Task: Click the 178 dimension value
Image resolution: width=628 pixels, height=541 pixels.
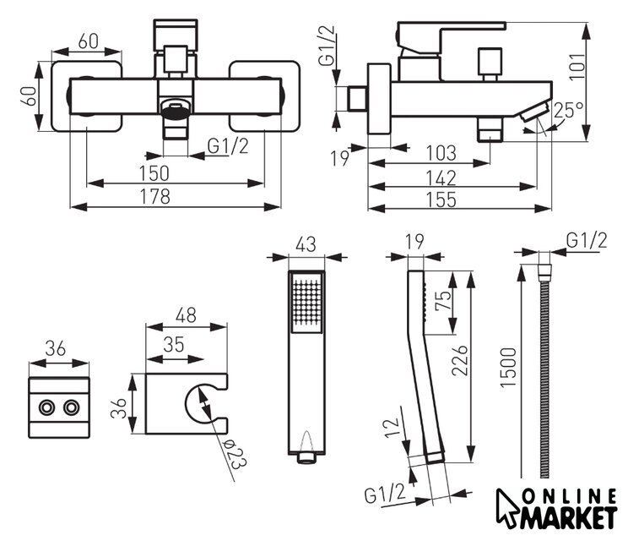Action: pos(155,196)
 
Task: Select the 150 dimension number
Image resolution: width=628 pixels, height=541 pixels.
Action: pos(154,173)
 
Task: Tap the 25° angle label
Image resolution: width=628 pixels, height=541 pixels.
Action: pos(569,110)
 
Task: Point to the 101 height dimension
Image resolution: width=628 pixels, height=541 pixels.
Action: pos(578,67)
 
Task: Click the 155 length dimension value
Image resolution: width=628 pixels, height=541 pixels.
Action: pos(441,199)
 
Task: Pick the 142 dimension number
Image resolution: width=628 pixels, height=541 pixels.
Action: pos(441,178)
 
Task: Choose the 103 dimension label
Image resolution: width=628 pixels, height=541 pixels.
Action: pos(441,153)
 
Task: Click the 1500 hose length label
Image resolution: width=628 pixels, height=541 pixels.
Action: pos(508,368)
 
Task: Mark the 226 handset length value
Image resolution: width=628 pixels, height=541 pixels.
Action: pos(460,360)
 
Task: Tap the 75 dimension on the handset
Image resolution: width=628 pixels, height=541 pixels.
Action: pos(442,300)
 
